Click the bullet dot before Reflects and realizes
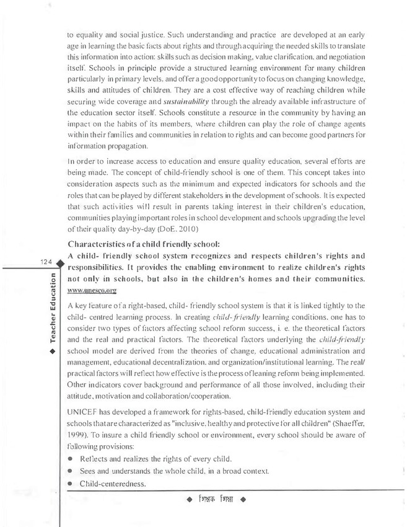point(72,459)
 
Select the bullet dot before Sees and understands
point(72,472)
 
